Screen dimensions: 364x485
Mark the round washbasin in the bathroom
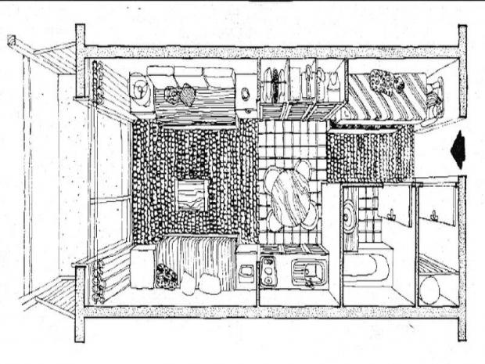tap(350, 208)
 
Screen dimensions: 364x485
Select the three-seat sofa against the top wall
tap(192, 90)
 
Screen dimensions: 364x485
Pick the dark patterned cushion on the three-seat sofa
tap(185, 96)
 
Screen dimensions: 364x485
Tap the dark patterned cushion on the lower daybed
tap(167, 276)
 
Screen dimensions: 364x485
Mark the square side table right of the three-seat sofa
tap(246, 92)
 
